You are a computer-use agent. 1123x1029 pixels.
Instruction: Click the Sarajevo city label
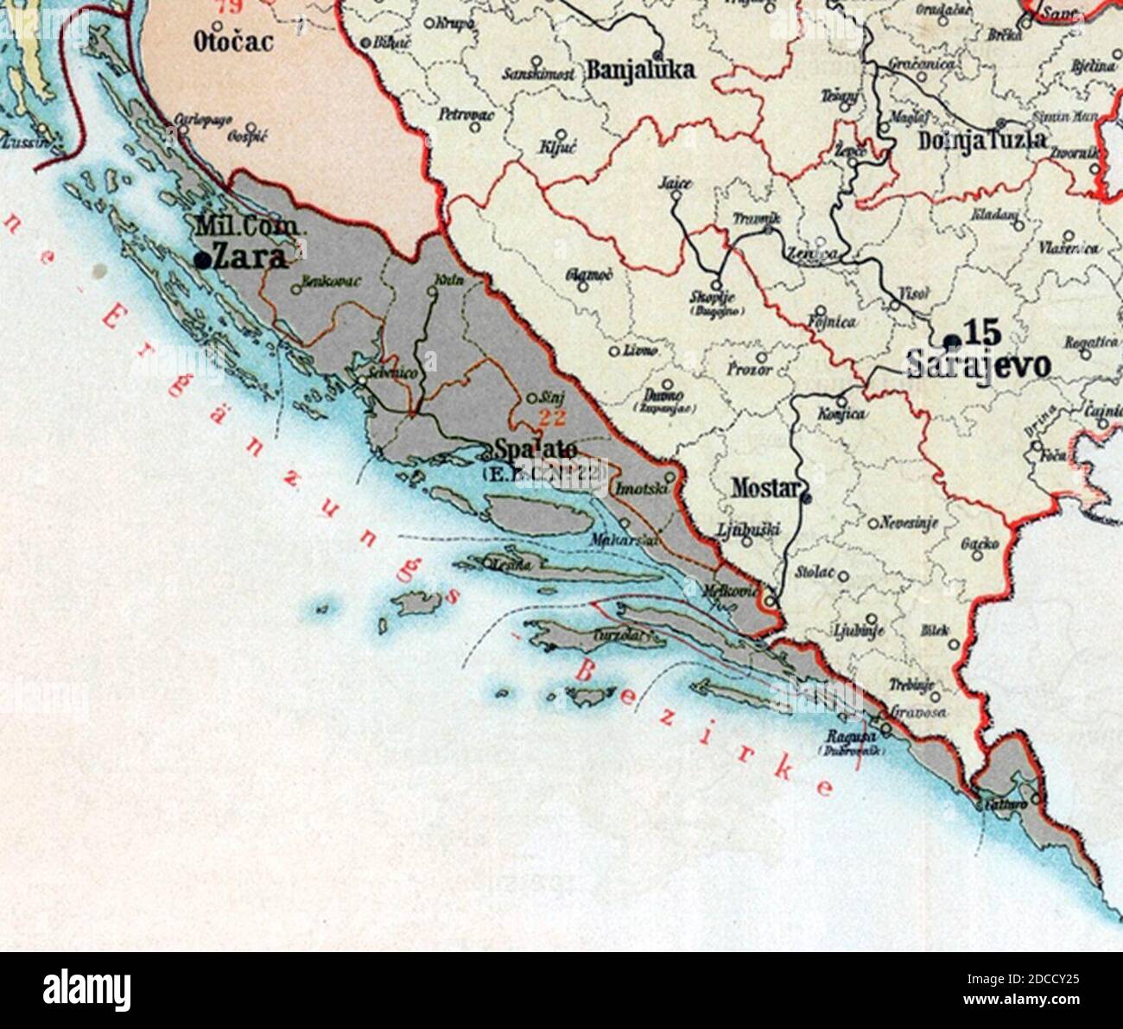979,365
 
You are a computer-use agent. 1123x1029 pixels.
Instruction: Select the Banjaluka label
640,70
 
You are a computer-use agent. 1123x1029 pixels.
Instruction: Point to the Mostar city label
765,487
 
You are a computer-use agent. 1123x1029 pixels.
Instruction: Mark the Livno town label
641,351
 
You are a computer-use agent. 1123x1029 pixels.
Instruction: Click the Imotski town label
639,488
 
